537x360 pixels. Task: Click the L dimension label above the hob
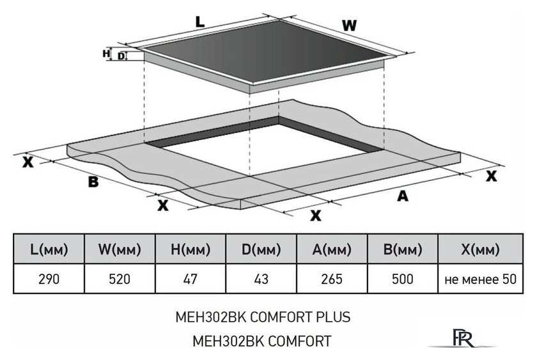(199, 22)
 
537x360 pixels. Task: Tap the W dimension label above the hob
(349, 26)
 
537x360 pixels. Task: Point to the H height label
(106, 54)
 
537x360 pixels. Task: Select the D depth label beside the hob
(121, 56)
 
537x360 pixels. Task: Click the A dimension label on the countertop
(403, 196)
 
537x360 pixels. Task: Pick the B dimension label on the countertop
(93, 182)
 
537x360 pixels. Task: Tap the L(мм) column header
(49, 249)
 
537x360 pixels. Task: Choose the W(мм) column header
(120, 249)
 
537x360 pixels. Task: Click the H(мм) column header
(191, 249)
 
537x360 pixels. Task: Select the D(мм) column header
(261, 249)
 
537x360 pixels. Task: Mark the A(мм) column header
(332, 249)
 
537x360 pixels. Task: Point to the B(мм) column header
(403, 249)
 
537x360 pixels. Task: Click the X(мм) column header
(480, 249)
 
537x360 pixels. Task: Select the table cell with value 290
(49, 279)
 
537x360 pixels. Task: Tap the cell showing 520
(120, 279)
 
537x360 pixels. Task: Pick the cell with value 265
(332, 279)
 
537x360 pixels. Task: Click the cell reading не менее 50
(481, 279)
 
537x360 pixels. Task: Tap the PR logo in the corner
(463, 338)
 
